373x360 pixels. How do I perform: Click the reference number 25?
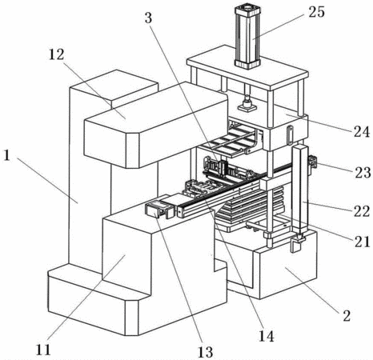coord(317,12)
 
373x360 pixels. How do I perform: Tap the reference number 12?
coord(57,54)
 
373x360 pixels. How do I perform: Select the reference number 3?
coord(148,18)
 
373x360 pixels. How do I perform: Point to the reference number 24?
coord(362,132)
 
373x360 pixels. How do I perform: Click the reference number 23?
coord(363,173)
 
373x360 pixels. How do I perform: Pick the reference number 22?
coord(362,211)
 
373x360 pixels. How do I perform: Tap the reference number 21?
coord(362,242)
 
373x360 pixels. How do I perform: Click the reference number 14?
coord(267,336)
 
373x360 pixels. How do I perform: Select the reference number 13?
coord(205,352)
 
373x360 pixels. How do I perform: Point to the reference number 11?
coord(43,350)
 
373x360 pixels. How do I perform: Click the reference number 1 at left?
coord(6,155)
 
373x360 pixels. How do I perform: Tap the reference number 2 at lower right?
coord(347,316)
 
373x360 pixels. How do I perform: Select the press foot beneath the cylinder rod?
coord(247,106)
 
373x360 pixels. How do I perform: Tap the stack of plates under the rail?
coord(251,206)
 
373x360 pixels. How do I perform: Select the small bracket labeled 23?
coord(313,162)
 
